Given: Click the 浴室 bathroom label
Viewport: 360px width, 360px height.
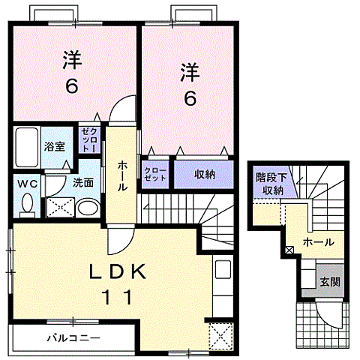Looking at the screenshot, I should click(53, 146).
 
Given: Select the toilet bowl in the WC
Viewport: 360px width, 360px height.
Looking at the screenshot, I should click(28, 202).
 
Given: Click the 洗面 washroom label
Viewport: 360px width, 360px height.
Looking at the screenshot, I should click(82, 181).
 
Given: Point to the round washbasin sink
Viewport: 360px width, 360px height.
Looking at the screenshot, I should click(88, 206).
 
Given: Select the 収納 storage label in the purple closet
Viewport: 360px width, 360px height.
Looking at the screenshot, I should click(205, 174).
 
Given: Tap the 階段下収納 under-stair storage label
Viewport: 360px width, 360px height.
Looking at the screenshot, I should click(269, 184).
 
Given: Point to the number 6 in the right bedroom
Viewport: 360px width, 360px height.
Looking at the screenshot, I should click(189, 97).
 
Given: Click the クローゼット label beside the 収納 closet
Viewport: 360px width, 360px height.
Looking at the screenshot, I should click(155, 174).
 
